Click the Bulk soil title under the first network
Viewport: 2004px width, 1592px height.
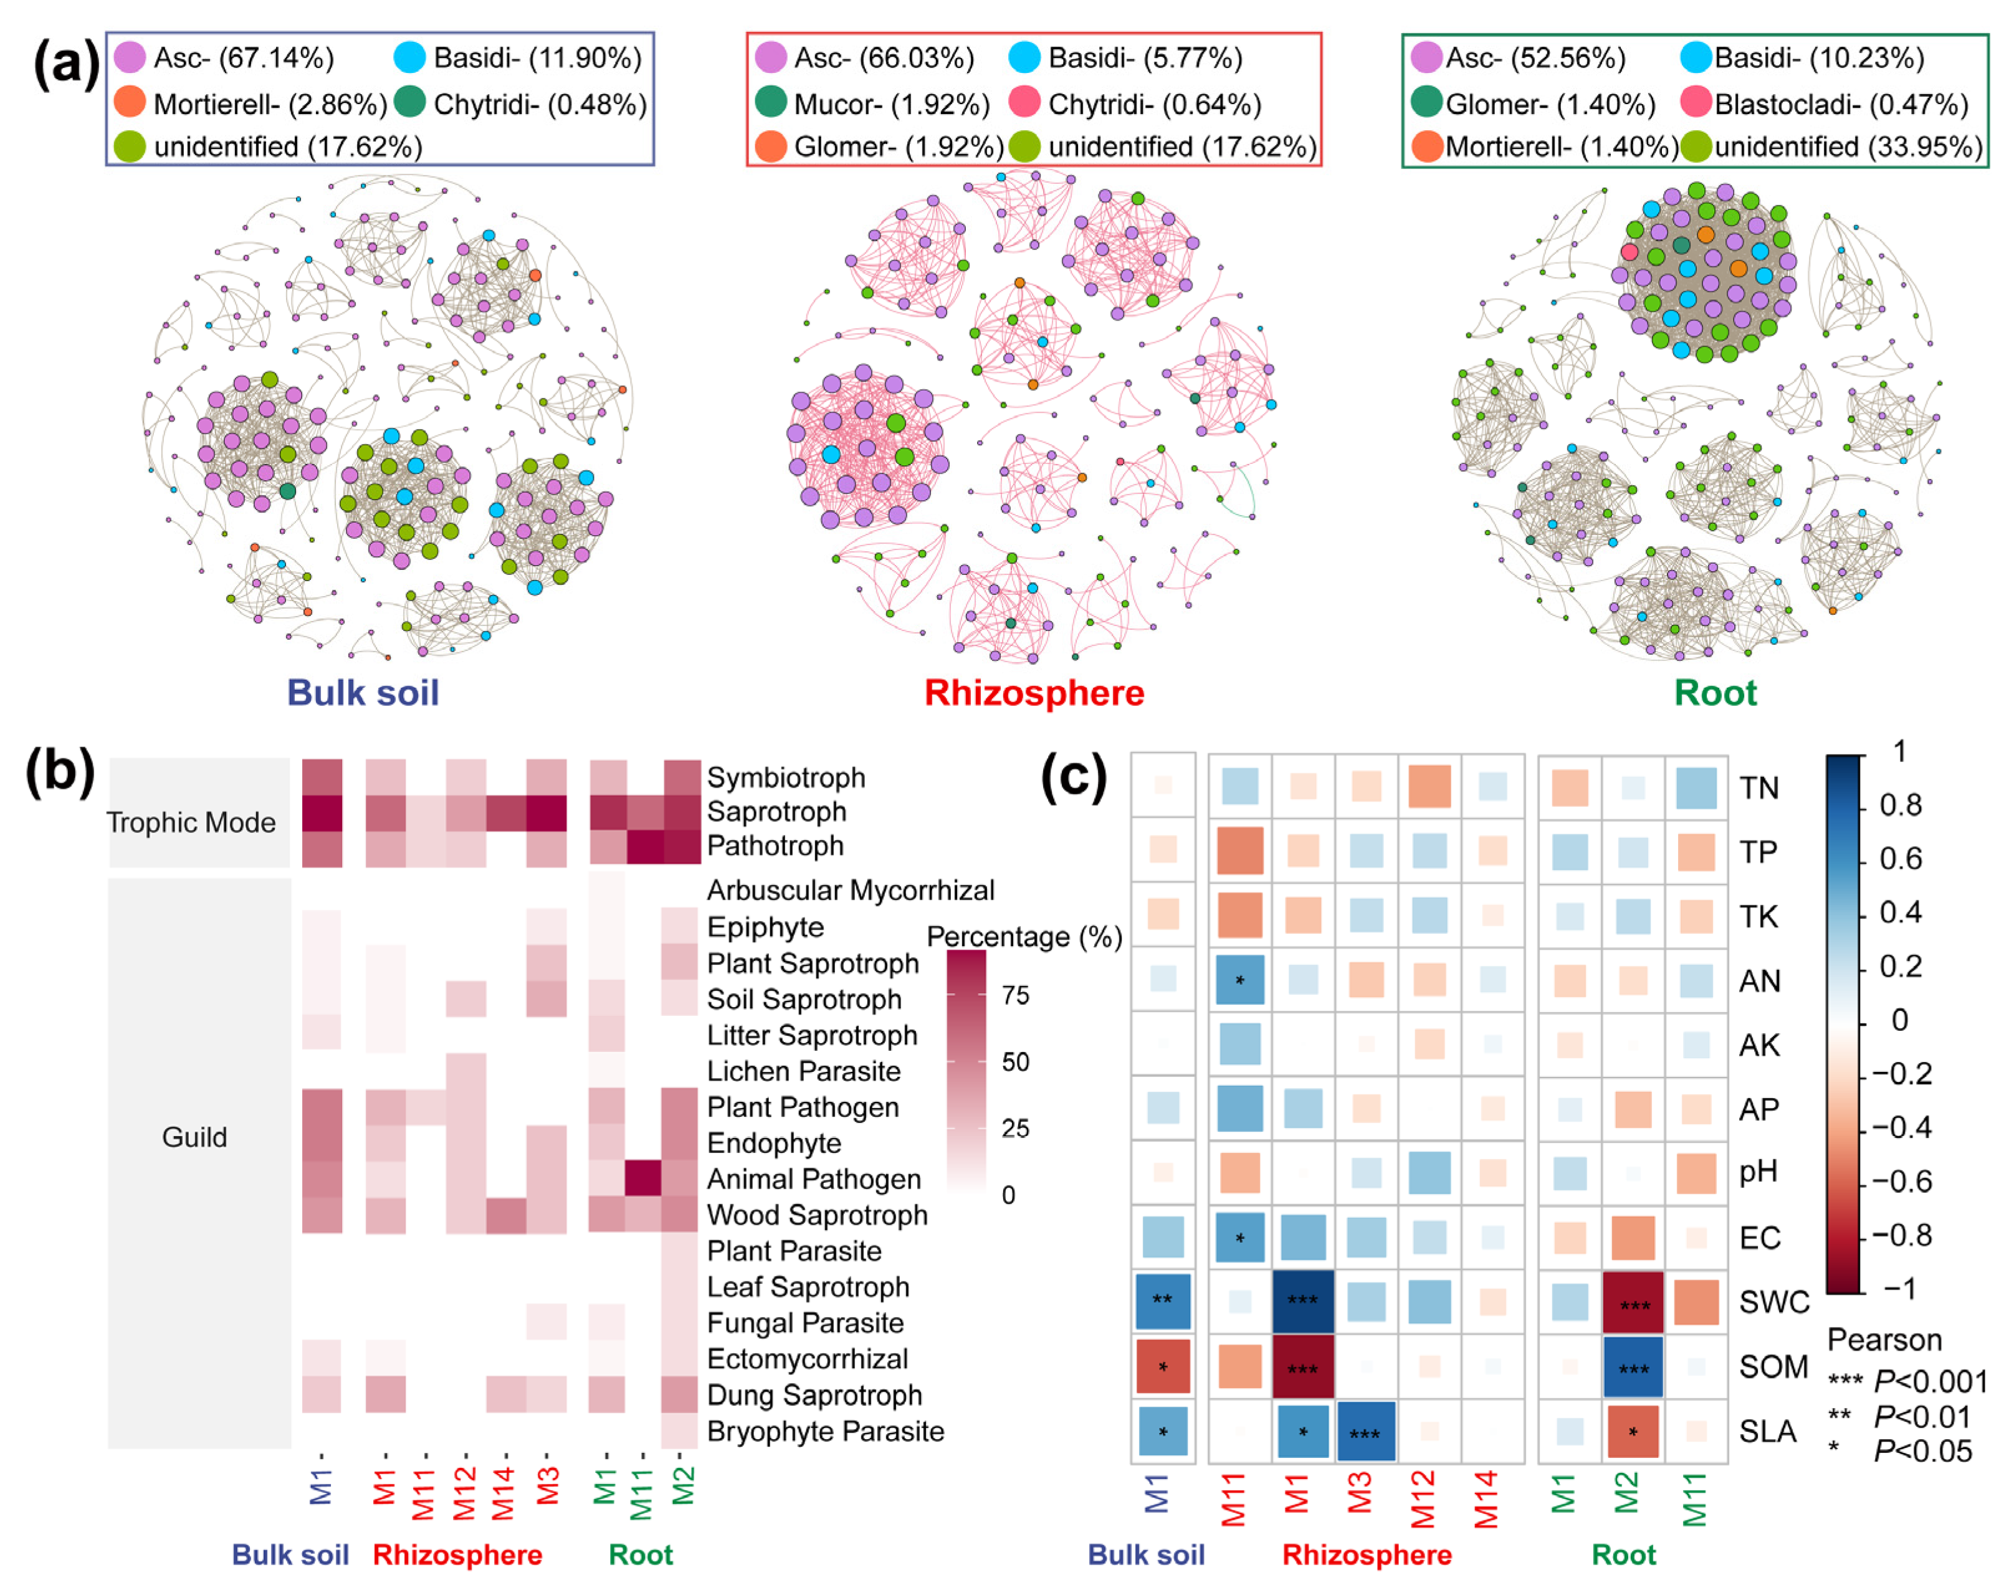(363, 693)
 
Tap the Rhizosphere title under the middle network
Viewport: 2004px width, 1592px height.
(1034, 693)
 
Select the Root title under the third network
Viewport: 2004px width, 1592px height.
(1715, 693)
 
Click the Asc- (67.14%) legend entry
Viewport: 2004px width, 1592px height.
(223, 57)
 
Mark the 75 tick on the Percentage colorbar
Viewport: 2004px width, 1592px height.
(1015, 995)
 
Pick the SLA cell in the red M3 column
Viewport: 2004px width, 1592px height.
(1365, 1430)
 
